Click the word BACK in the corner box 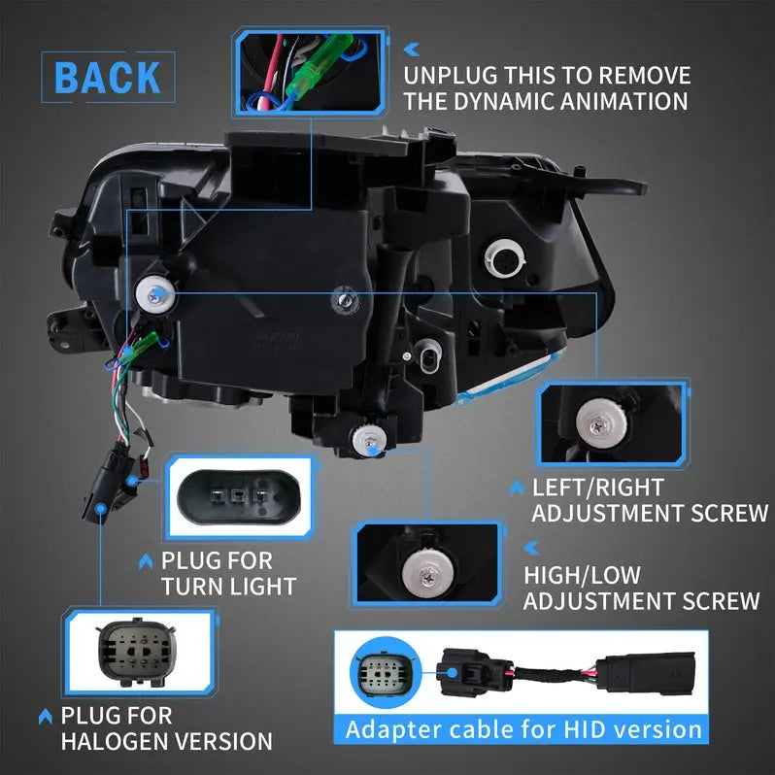tap(107, 78)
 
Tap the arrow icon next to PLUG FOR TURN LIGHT tap(147, 560)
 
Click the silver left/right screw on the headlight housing tap(155, 288)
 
